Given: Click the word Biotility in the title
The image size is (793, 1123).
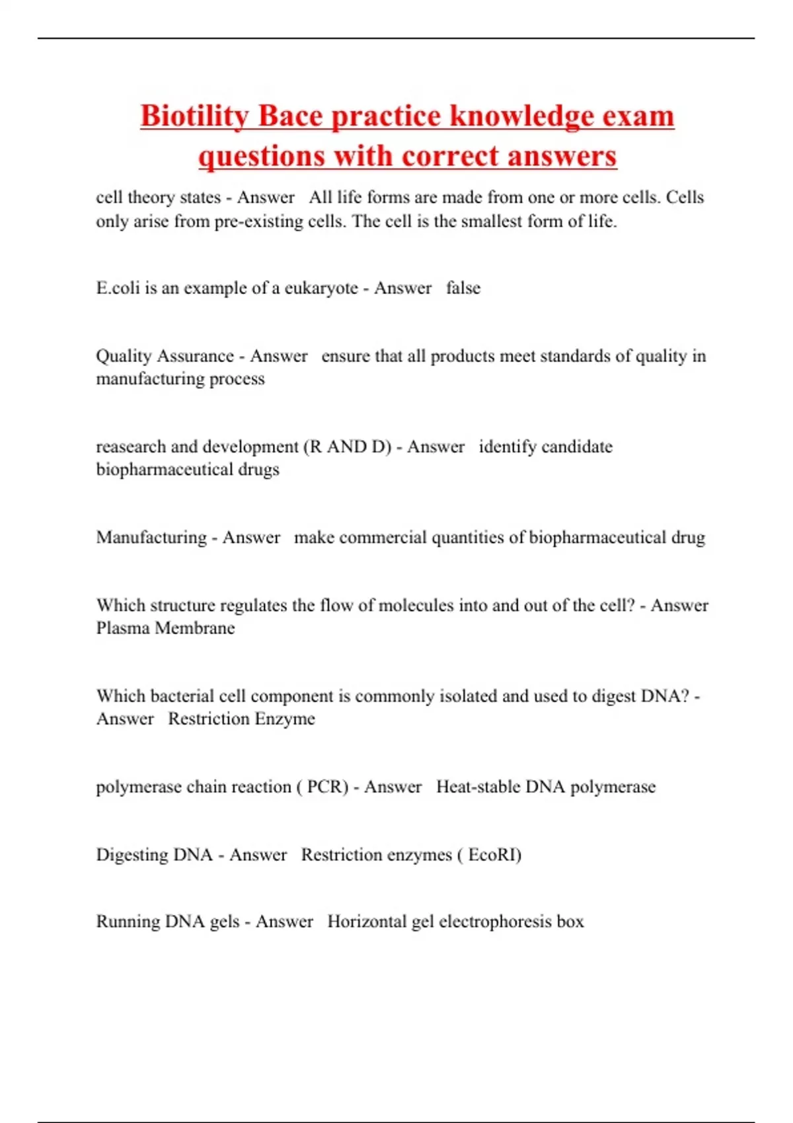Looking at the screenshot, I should [x=194, y=116].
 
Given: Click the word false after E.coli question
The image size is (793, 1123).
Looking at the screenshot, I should [x=463, y=288].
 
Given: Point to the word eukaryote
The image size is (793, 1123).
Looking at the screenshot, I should [x=321, y=288].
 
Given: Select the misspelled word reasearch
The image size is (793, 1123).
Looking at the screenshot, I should [x=131, y=447].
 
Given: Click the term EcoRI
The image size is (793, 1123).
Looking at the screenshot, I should [x=493, y=855].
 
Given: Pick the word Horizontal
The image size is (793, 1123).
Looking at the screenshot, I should [x=366, y=922].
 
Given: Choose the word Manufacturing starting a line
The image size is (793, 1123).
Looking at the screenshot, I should [x=151, y=537].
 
